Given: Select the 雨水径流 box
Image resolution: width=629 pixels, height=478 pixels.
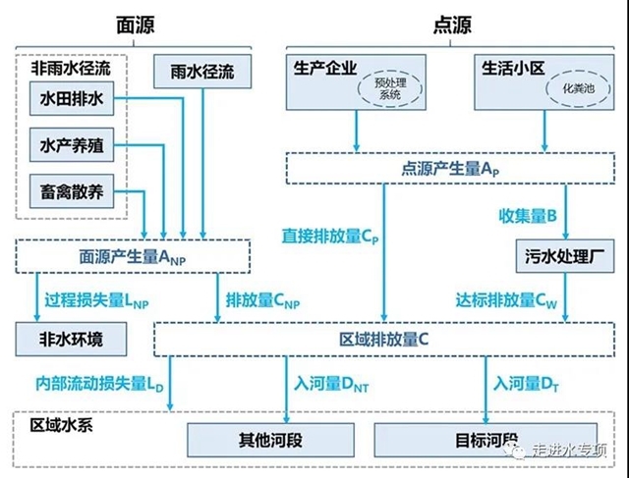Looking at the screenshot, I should pyautogui.click(x=202, y=72).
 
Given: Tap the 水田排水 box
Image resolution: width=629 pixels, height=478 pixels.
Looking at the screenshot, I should pyautogui.click(x=73, y=99).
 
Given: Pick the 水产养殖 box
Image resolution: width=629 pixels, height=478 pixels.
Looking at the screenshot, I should pyautogui.click(x=73, y=146).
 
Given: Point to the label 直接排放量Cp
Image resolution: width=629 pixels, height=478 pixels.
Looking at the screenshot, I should pyautogui.click(x=328, y=237).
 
